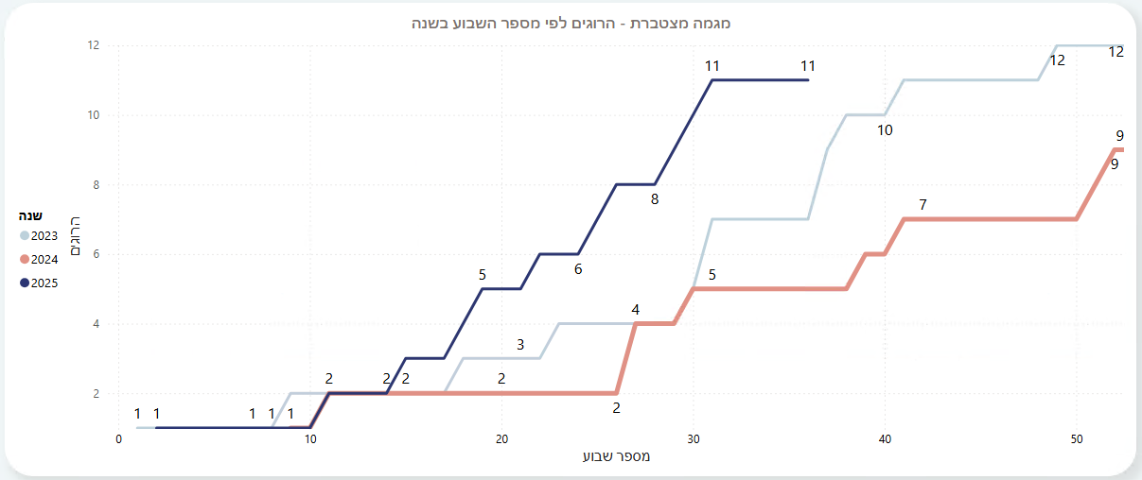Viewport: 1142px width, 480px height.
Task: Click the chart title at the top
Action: (572, 23)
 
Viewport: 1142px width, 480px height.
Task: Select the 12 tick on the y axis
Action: (95, 45)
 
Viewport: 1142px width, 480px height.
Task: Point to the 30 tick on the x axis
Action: (694, 439)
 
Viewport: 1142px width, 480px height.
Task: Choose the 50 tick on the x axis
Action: (1077, 439)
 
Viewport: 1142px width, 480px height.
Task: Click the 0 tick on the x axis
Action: (119, 439)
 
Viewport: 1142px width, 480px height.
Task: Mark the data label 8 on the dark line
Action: (654, 199)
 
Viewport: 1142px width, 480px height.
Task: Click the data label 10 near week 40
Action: (885, 130)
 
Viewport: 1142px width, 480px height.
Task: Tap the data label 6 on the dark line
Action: (578, 269)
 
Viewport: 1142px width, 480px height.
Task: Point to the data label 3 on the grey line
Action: (520, 345)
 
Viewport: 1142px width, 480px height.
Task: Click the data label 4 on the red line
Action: (636, 309)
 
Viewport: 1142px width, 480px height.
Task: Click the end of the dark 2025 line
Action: (809, 80)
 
